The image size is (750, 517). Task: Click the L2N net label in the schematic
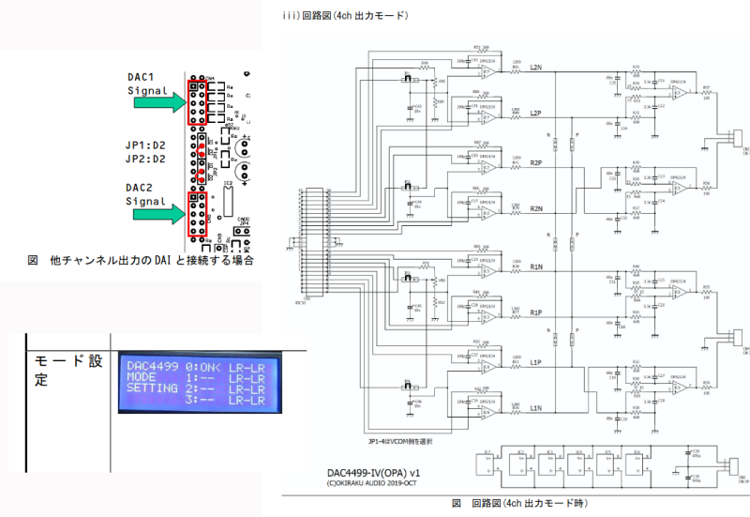pyautogui.click(x=536, y=67)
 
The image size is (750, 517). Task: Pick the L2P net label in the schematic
pyautogui.click(x=536, y=113)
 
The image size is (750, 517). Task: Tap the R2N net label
pyautogui.click(x=536, y=208)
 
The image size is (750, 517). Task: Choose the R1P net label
pyautogui.click(x=536, y=312)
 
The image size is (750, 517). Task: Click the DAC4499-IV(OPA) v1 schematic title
pyautogui.click(x=376, y=472)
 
